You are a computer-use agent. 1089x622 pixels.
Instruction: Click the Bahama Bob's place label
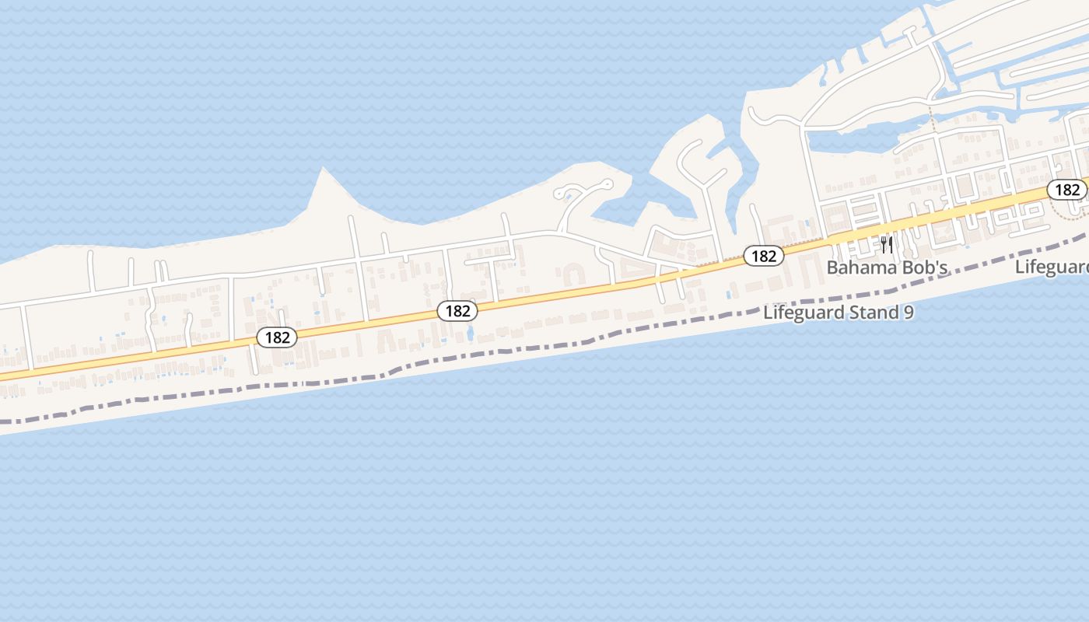(887, 267)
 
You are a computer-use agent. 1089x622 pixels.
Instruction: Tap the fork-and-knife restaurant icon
(886, 244)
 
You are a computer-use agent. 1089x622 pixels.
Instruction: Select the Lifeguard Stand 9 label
(839, 313)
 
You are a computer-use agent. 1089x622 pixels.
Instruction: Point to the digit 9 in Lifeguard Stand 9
(908, 313)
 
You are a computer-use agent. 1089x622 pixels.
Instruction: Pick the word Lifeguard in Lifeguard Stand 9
(800, 313)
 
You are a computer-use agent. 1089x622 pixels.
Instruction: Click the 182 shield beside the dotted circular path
(1067, 189)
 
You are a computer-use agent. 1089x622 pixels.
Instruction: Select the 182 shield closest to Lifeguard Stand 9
(763, 255)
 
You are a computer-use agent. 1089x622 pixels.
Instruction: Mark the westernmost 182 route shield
(277, 337)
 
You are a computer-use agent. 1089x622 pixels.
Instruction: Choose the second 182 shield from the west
(457, 311)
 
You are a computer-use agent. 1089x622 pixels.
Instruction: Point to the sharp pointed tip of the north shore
(324, 169)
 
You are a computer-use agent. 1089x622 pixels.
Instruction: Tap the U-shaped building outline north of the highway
(573, 274)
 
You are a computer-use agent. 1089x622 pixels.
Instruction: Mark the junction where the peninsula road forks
(705, 187)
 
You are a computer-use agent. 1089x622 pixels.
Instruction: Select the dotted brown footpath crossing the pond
(931, 121)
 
